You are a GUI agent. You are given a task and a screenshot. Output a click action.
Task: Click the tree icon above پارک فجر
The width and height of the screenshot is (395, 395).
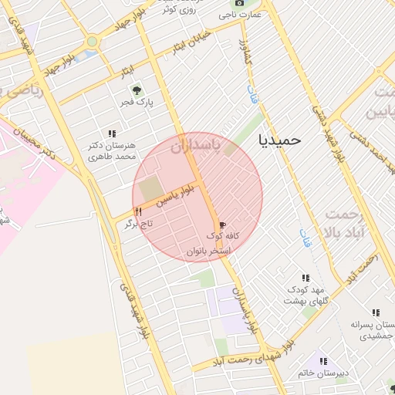click(x=139, y=90)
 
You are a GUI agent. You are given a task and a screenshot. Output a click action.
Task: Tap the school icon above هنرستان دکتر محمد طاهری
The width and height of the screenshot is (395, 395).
click(x=112, y=133)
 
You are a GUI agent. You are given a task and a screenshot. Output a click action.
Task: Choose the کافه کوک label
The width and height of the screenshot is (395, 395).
click(x=221, y=235)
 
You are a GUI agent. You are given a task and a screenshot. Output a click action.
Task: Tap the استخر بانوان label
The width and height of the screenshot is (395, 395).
click(x=210, y=251)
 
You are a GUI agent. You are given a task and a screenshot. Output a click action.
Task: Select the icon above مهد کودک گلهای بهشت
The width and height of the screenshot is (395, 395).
click(x=306, y=278)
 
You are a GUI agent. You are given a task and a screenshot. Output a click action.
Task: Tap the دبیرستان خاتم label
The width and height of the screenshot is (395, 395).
click(x=323, y=373)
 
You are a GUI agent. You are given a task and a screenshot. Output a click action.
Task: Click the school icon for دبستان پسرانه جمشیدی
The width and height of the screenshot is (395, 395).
click(x=376, y=312)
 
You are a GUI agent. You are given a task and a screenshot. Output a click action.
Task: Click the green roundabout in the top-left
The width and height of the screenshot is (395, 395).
click(x=93, y=42)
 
